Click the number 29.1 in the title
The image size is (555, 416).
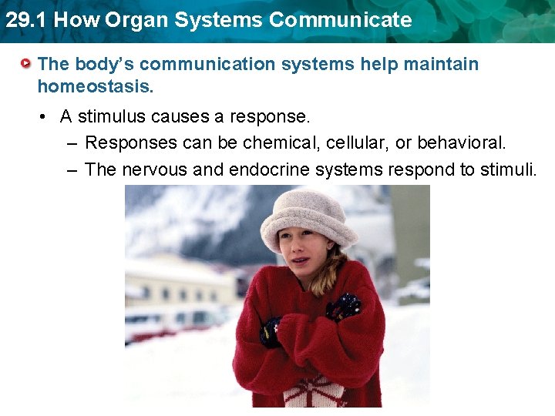[24, 20]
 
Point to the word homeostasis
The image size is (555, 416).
[96, 87]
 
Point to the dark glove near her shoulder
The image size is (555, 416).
[344, 307]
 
